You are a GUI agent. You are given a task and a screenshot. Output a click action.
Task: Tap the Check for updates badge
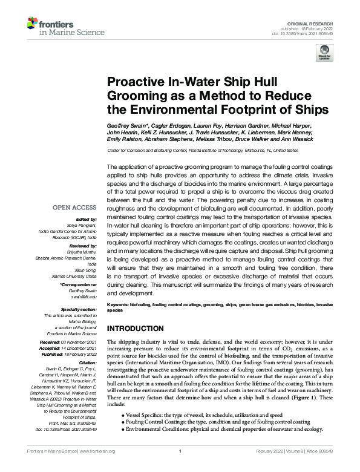[325, 53]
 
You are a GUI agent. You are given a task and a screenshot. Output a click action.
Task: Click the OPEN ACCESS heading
[76, 208]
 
